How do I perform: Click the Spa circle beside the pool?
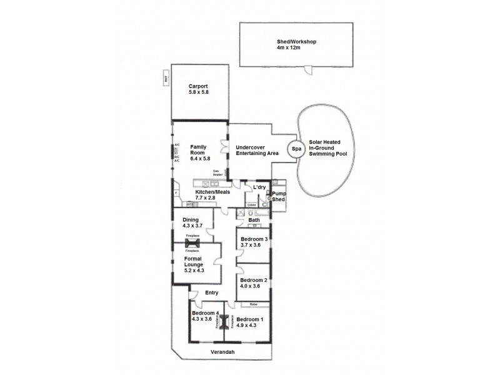pyautogui.click(x=296, y=149)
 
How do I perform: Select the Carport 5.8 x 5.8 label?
pyautogui.click(x=198, y=89)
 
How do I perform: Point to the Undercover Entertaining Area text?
pyautogui.click(x=257, y=151)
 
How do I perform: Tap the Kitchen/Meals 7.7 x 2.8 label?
pyautogui.click(x=212, y=194)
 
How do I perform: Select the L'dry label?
pyautogui.click(x=259, y=188)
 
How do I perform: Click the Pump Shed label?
pyautogui.click(x=278, y=197)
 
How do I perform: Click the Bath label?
pyautogui.click(x=254, y=220)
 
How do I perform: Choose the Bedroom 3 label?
pyautogui.click(x=254, y=242)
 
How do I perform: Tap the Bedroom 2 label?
pyautogui.click(x=254, y=282)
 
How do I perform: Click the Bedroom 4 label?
pyautogui.click(x=205, y=316)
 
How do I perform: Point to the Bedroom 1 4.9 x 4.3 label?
pyautogui.click(x=250, y=322)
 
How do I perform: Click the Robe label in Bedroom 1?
pyautogui.click(x=253, y=304)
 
